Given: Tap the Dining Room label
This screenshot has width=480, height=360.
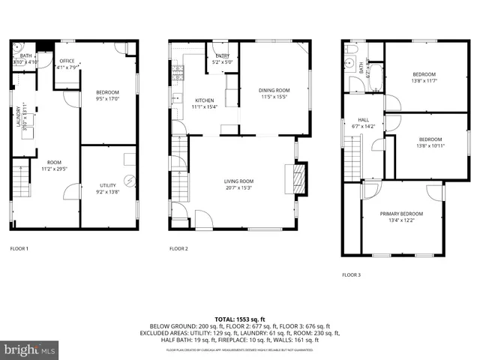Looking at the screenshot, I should click(x=274, y=90).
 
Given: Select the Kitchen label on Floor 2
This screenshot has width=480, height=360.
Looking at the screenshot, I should click(x=205, y=100).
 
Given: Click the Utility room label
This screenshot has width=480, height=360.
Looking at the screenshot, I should click(x=108, y=185).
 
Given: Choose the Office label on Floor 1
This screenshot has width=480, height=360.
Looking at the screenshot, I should click(x=67, y=61).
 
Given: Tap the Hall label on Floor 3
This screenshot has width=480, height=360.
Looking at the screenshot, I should click(x=363, y=120).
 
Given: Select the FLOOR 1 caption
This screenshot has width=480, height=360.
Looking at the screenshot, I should click(x=19, y=248).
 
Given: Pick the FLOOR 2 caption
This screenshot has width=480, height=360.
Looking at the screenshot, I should click(x=178, y=248).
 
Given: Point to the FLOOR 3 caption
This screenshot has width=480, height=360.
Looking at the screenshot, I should click(x=351, y=275).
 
